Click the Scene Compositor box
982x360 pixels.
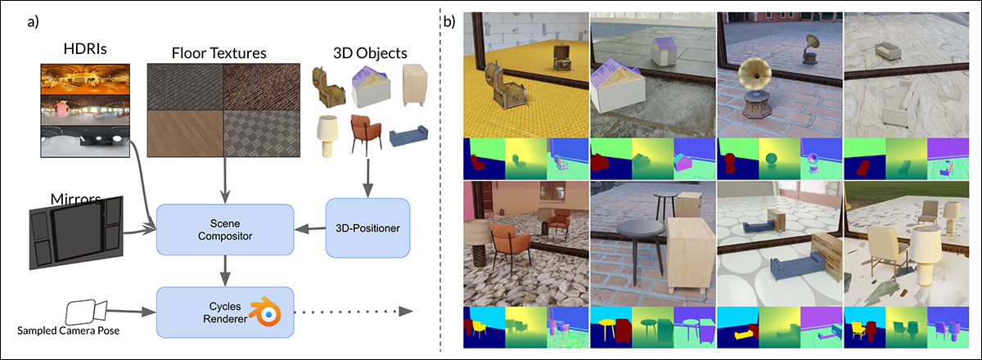[224, 228]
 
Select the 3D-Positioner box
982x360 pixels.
[367, 227]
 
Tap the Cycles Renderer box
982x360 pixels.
[224, 311]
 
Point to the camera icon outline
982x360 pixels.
[83, 313]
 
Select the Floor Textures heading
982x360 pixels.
[218, 55]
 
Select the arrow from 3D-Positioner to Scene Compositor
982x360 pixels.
[309, 227]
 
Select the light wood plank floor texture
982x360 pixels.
[185, 135]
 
